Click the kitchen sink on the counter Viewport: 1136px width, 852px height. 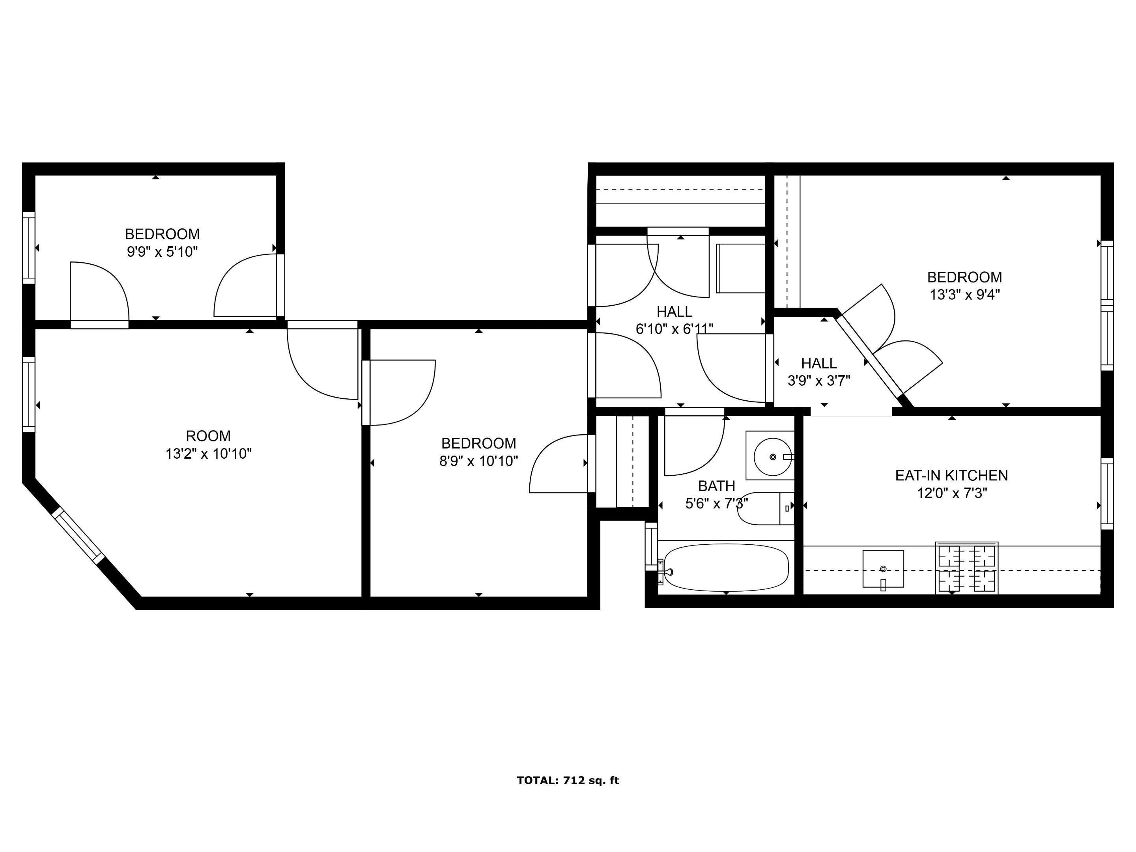883,568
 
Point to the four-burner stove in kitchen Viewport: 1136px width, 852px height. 966,568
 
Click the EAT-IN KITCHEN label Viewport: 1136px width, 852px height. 951,476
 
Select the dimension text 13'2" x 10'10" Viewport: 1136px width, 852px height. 209,454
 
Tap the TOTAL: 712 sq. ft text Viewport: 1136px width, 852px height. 568,781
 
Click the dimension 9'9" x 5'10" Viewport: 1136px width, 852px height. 162,252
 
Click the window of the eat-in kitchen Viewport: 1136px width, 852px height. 1107,493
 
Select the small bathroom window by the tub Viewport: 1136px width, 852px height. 651,546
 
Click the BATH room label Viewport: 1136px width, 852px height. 716,486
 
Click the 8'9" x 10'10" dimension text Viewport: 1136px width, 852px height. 478,461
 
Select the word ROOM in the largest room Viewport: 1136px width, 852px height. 208,436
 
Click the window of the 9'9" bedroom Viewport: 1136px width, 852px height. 29,248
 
